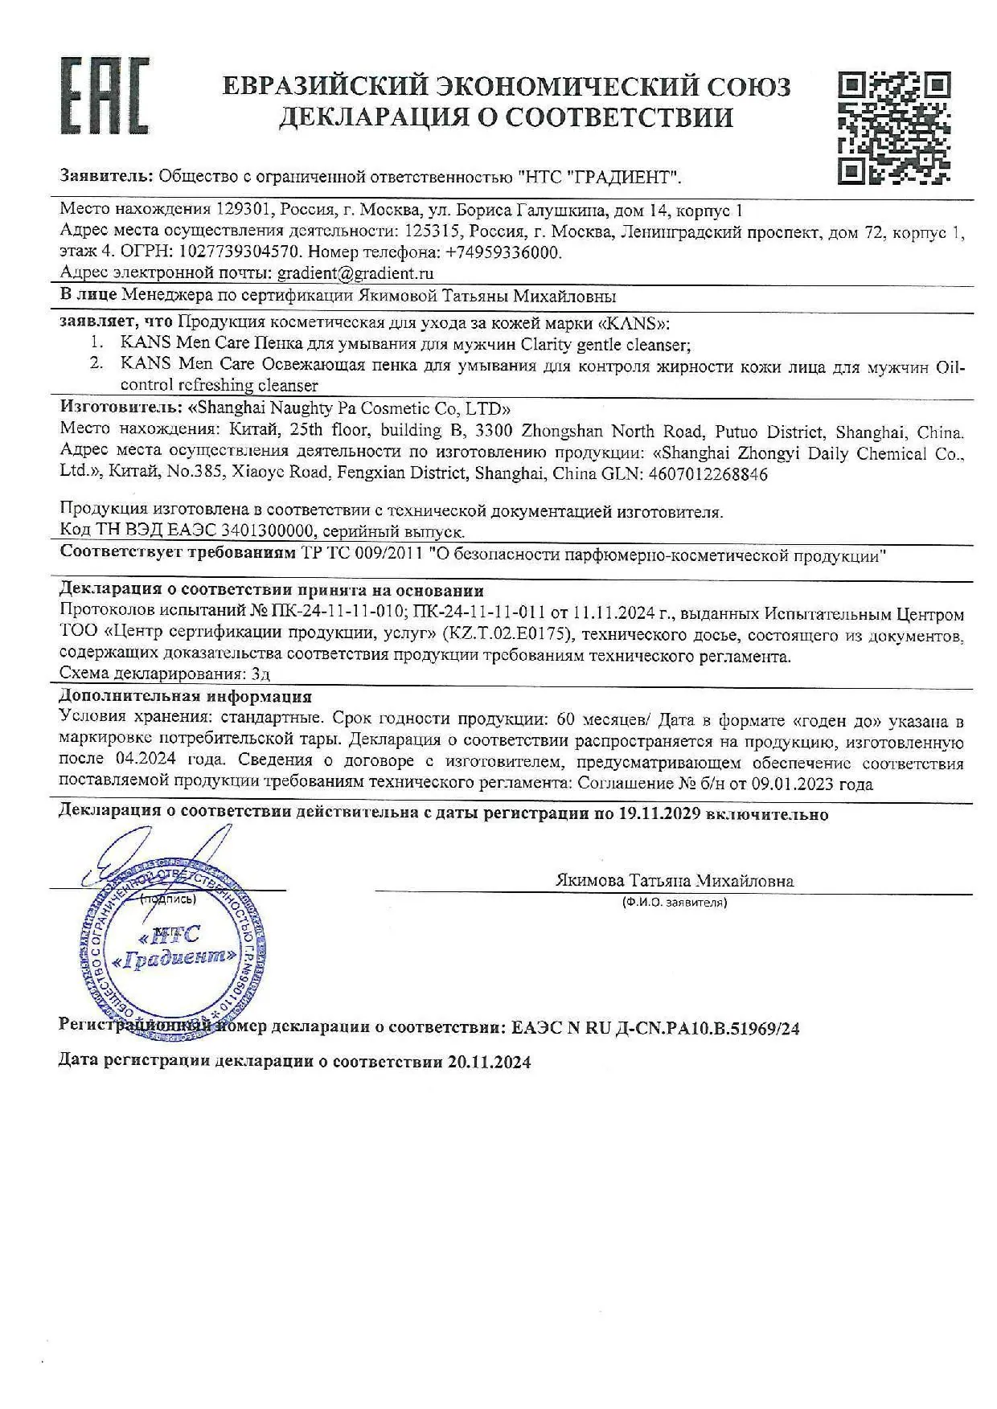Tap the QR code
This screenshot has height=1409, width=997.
[x=894, y=127]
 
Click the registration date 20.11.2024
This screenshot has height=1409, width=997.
[x=490, y=1062]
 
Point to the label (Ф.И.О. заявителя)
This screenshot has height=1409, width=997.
[x=674, y=903]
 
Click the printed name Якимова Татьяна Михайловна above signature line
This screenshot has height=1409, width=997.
[x=674, y=881]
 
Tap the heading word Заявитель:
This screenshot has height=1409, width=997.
[x=106, y=176]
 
